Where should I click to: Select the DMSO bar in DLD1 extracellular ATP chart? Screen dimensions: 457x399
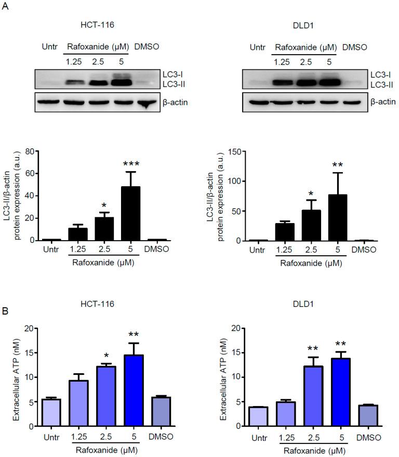(x=366, y=415)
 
